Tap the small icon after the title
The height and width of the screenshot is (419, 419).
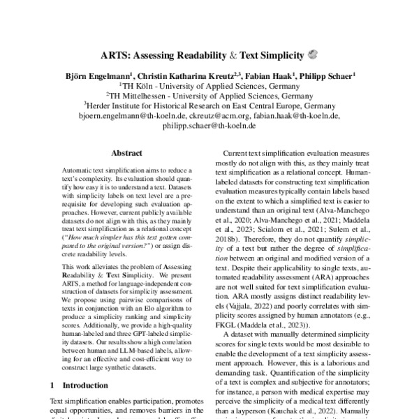tap(312, 53)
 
